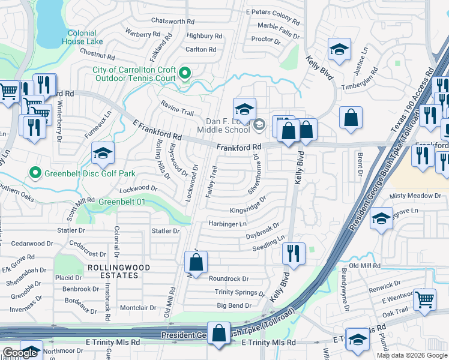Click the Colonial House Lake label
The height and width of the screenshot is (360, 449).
point(82,37)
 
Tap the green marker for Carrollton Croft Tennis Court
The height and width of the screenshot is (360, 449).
point(185,74)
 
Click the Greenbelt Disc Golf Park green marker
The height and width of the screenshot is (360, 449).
point(35,174)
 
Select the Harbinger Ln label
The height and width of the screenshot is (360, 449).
point(228,224)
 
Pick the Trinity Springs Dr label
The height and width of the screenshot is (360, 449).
point(240,293)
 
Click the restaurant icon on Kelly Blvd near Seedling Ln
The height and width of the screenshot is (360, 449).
point(294,253)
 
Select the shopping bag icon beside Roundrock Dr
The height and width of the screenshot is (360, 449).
point(196,262)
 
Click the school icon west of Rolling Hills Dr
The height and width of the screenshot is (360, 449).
point(103,154)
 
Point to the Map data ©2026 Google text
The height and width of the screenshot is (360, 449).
point(412,355)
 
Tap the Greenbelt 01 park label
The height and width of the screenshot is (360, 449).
point(122,202)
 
